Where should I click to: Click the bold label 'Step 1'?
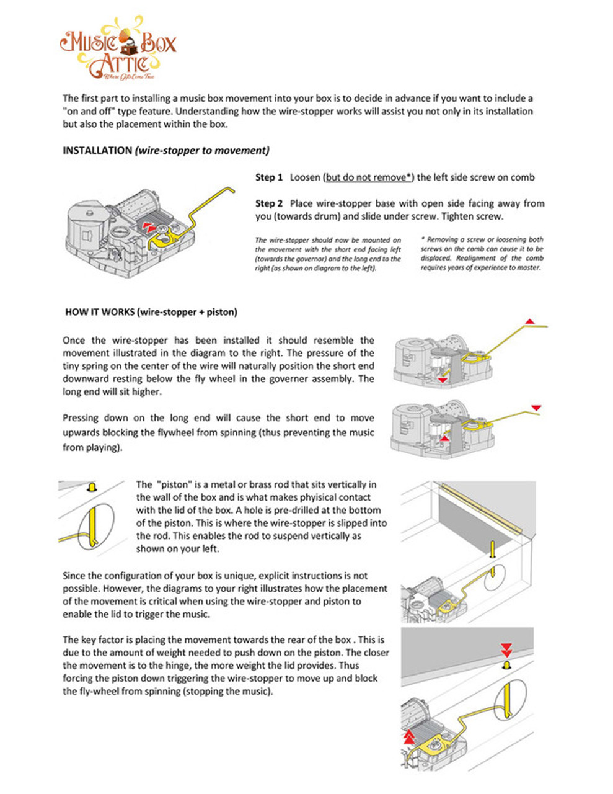point(269,177)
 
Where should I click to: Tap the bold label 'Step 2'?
point(269,203)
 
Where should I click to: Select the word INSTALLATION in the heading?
point(97,151)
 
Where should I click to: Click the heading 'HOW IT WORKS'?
point(99,312)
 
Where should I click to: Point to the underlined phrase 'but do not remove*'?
point(369,177)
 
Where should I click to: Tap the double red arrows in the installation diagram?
point(149,226)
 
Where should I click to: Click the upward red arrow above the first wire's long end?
point(530,321)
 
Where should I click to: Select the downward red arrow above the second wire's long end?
point(536,408)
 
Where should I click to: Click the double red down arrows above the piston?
point(506,649)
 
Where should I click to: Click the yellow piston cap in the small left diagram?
point(92,487)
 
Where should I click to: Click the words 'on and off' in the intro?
point(89,112)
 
